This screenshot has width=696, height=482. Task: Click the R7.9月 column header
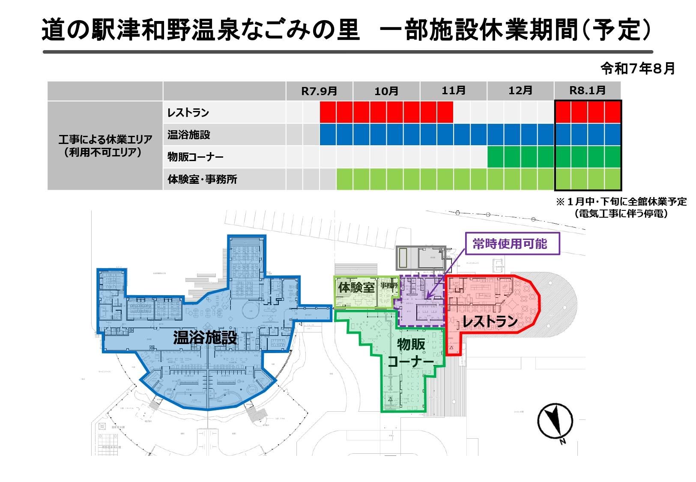click(319, 91)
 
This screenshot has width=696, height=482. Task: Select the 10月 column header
click(386, 91)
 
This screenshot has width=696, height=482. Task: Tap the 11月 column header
click(454, 91)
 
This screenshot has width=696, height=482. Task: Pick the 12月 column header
click(520, 91)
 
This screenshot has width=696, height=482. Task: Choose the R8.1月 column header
click(587, 91)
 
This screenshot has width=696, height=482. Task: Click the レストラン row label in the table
click(188, 113)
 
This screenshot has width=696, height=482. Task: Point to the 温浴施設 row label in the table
click(189, 135)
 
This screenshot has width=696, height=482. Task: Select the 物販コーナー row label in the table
click(195, 157)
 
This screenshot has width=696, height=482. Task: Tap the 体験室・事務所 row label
click(202, 180)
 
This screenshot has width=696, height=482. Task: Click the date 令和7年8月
click(637, 69)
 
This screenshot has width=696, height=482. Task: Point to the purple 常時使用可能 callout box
click(512, 244)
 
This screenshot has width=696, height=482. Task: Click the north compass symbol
click(556, 422)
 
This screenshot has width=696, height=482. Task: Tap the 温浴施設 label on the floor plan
click(205, 338)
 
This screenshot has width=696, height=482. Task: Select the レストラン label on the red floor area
click(490, 321)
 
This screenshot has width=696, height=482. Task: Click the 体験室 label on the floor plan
click(356, 287)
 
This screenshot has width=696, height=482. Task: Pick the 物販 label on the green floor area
click(411, 344)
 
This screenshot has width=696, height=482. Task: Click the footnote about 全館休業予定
click(621, 207)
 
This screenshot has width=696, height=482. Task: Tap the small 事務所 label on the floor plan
click(389, 285)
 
